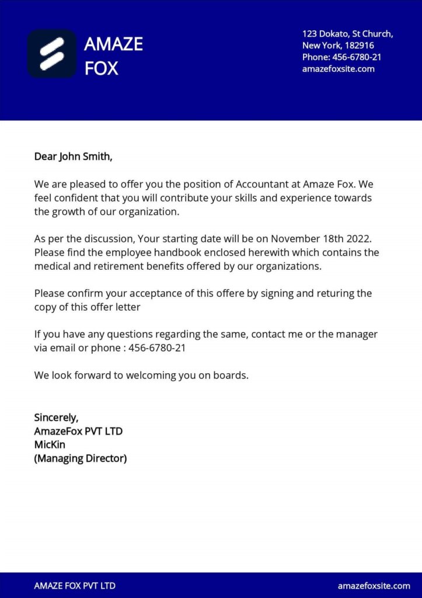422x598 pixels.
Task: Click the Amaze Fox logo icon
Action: point(51,54)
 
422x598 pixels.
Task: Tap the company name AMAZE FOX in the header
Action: point(113,56)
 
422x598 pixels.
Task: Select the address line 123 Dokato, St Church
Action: point(347,34)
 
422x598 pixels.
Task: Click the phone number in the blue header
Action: point(357,57)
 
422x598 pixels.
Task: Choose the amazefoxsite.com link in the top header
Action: point(338,69)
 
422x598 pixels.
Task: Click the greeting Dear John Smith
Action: point(72,157)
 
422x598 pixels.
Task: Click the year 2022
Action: point(358,239)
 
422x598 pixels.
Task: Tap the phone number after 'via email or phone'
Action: point(157,348)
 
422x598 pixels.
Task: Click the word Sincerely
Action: point(56,418)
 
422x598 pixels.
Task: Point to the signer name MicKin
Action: point(50,445)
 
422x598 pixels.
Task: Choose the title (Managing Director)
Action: point(81,458)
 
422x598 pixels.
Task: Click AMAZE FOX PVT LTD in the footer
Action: point(75,586)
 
